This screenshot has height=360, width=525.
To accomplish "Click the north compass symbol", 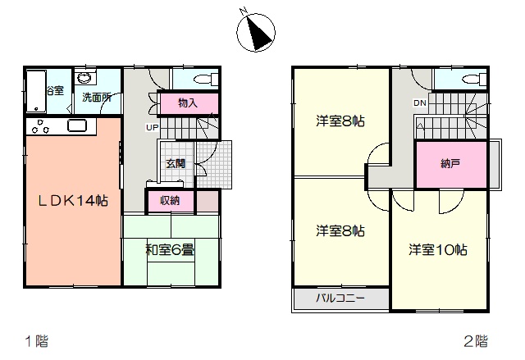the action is point(256,32).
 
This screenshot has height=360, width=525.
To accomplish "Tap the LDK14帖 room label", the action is point(73,201).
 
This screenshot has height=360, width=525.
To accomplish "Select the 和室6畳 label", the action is point(170,249).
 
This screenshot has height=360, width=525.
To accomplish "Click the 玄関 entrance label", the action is point(176,164).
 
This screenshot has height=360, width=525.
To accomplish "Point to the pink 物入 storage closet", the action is point(189,103).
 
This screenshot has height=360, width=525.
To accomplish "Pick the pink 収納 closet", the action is point(171,201).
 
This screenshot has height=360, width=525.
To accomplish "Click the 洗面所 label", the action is point(97,98).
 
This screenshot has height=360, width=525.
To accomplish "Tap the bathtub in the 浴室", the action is point(36,91).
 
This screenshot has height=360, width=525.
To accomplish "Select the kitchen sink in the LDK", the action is point(77,125).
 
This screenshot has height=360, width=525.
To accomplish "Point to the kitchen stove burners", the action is point(40,126).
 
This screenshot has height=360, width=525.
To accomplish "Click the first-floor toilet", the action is point(205,80).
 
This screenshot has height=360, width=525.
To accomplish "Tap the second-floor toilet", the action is point(474,80).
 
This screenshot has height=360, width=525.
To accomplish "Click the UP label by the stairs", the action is point(153,127).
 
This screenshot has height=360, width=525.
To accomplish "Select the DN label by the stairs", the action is point(420,103).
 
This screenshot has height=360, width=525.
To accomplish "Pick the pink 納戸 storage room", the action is point(450,164).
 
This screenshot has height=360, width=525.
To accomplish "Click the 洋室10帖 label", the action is point(437,249).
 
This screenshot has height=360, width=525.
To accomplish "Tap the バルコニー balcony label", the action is point(340,298).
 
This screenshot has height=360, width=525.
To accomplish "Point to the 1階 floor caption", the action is point(37,341).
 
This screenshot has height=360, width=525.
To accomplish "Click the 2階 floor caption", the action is point(476,341).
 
